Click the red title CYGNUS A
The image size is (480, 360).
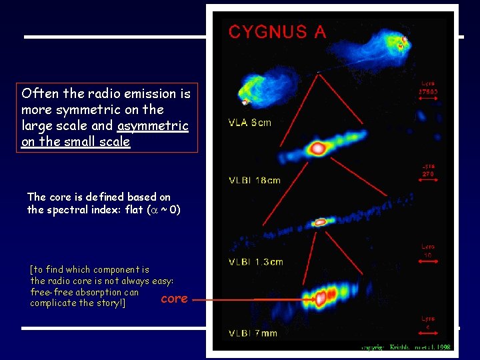click(x=277, y=31)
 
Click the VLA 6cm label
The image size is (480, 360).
click(x=250, y=123)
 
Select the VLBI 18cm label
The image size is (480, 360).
click(x=255, y=180)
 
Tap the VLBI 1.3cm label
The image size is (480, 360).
click(x=256, y=261)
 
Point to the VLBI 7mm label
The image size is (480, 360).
click(x=253, y=333)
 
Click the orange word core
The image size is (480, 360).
click(x=175, y=299)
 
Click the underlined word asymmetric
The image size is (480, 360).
click(x=153, y=126)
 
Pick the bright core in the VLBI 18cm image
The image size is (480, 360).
click(x=318, y=148)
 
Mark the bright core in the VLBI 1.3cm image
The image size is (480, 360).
click(x=321, y=221)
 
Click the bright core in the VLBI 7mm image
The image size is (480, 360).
click(x=326, y=297)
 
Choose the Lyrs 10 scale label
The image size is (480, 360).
click(x=429, y=250)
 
